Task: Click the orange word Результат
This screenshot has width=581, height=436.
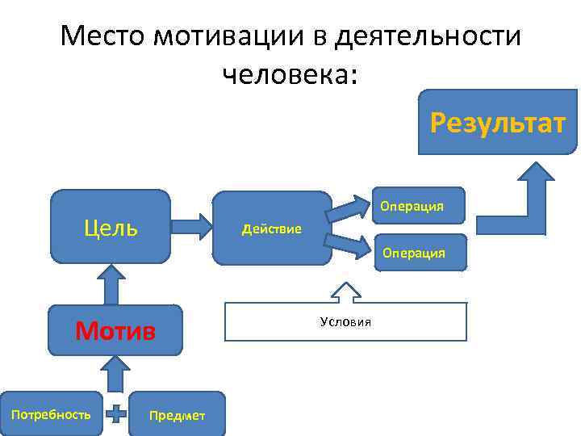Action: coord(497,124)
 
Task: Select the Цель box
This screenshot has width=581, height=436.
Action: coord(111,227)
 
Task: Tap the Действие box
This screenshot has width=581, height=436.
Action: coord(272,229)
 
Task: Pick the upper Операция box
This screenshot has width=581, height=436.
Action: coord(413,205)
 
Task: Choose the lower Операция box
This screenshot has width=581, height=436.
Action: coord(413,252)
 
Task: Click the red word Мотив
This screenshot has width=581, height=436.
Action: coord(115,330)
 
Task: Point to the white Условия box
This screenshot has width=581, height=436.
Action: coord(345,321)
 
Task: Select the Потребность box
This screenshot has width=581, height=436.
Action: coord(51,414)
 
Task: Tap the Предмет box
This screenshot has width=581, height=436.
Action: coord(177,415)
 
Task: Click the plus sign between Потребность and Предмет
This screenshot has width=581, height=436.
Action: coord(117,415)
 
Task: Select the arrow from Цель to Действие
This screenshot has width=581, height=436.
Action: coord(190,227)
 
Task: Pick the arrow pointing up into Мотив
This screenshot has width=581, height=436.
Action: coord(115,373)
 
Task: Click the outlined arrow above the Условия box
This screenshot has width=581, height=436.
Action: coord(345,292)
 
